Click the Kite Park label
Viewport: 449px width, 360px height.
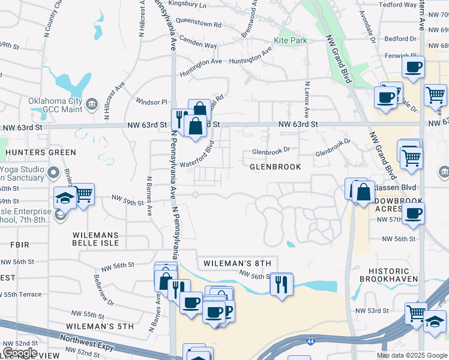coord(291,41)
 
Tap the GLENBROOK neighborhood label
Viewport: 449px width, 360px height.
coord(276,167)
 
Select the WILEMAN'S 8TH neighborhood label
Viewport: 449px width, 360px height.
coord(237,263)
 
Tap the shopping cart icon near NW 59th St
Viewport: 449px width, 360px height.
coord(84,194)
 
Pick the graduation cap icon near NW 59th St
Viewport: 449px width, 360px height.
coord(64,197)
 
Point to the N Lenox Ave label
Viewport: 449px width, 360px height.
coord(306,100)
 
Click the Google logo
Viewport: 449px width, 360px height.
coord(20,353)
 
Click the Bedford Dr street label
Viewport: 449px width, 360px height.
coord(397,39)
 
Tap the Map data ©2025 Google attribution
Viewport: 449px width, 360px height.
coord(411,355)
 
